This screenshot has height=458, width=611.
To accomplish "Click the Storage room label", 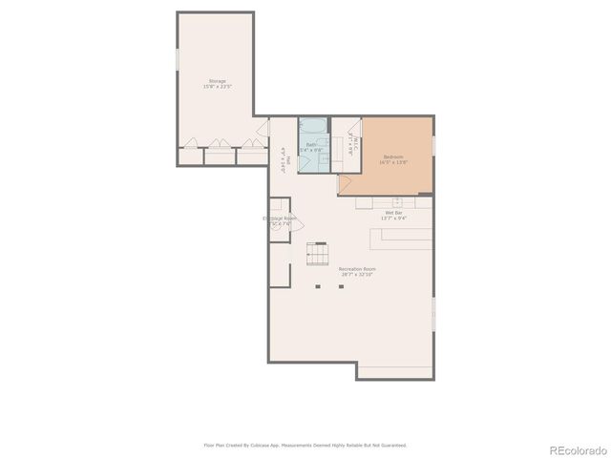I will tap(218, 81).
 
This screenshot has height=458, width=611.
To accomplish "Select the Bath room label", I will tap(311, 144).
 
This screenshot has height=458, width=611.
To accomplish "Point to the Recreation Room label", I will tap(356, 269).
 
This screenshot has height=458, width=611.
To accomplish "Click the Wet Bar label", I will tap(393, 213).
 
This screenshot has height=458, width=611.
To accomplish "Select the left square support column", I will tap(317, 285).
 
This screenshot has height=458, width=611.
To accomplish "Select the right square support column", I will tap(340, 285).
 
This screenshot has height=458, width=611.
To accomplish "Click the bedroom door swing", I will tap(345, 181).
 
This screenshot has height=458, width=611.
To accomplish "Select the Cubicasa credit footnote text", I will tap(305, 445).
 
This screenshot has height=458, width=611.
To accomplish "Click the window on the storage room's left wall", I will tap(177, 59).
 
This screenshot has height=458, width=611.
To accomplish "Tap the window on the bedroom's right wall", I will tap(433, 144).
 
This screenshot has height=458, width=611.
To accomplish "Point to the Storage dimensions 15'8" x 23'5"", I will tap(218, 88).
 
